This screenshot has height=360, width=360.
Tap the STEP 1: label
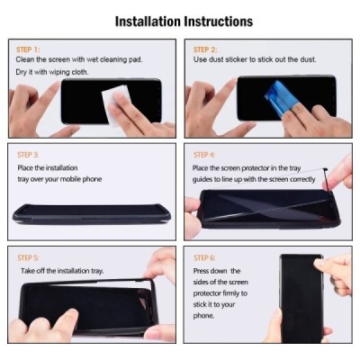point(29,50)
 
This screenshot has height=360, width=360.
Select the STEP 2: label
point(206,50)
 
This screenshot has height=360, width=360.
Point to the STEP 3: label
point(29,155)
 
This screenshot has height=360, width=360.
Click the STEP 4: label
point(205,155)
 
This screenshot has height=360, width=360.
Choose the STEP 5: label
point(29,257)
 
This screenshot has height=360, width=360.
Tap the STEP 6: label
point(206,257)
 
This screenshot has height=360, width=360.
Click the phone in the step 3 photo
point(90,213)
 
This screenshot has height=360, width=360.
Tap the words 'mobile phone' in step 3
point(81,178)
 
